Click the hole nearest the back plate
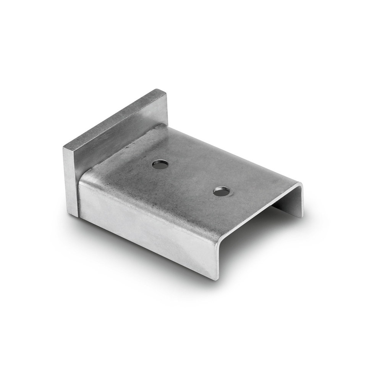pos(160,165)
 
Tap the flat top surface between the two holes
pos(191,178)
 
